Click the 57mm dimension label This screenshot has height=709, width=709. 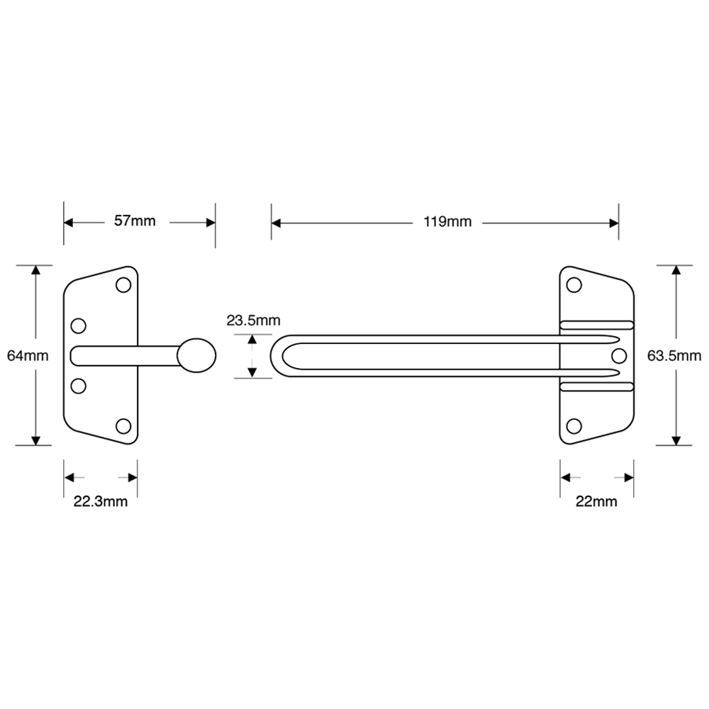point(135,221)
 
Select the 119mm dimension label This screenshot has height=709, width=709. point(447,222)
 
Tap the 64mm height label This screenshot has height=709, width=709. point(28,356)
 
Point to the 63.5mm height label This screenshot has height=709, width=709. point(674,356)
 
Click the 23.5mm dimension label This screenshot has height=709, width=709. point(253,320)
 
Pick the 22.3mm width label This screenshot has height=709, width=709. point(101,502)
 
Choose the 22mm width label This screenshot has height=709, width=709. point(596,502)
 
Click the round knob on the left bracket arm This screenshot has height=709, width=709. point(196,356)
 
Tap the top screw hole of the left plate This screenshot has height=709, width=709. point(124,285)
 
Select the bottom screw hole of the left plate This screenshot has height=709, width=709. point(124,426)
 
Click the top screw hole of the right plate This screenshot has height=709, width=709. point(574,285)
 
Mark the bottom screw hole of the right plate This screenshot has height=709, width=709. point(574,425)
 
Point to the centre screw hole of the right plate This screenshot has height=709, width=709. point(618,354)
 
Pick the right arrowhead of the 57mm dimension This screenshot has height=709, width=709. point(211,222)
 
